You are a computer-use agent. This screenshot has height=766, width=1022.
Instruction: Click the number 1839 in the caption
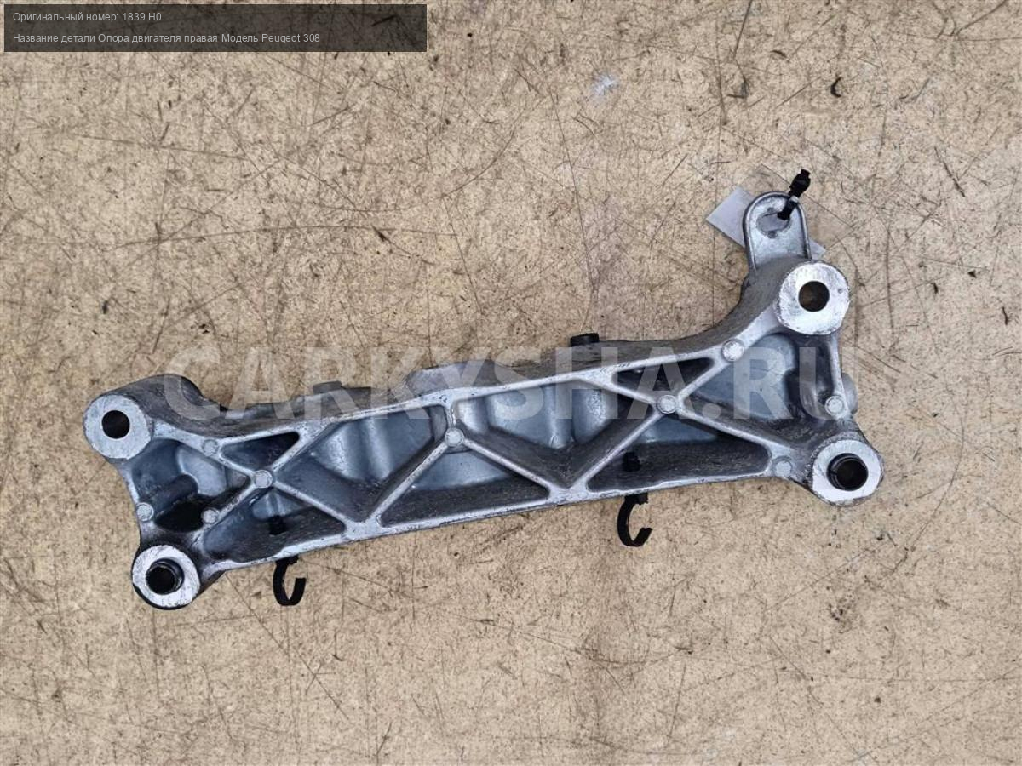click(x=132, y=17)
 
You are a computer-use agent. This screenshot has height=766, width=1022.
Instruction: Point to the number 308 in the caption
click(x=312, y=38)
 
